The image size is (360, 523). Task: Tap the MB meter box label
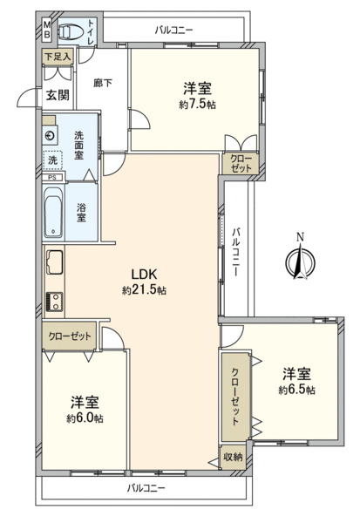(47, 30)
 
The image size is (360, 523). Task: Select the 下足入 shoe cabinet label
(58, 57)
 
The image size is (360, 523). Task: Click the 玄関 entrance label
(58, 95)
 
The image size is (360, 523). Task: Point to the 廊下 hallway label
(103, 83)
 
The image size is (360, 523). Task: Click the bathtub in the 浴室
(54, 213)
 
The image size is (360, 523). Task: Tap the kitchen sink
(55, 261)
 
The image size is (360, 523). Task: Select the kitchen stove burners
(54, 302)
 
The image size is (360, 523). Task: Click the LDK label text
(144, 275)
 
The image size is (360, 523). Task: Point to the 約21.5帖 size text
(144, 290)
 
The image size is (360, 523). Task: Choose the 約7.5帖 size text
(198, 105)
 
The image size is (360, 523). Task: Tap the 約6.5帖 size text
(297, 390)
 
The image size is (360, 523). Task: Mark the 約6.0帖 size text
(85, 418)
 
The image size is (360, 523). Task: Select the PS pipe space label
(52, 178)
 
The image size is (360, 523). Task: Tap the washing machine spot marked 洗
(52, 160)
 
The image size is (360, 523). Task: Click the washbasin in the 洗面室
(50, 136)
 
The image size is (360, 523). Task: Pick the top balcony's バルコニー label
(173, 31)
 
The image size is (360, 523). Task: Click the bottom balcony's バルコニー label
(146, 489)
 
